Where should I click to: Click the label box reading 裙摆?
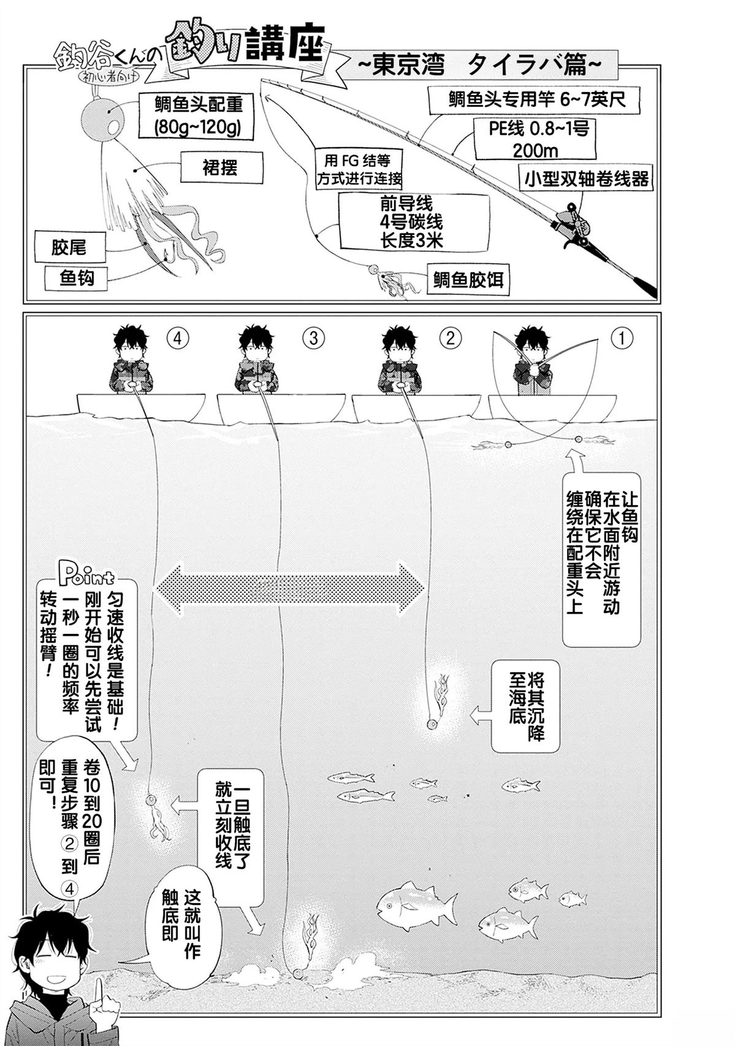(221, 167)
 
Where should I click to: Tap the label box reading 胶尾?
(69, 248)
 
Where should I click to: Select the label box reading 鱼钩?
(77, 278)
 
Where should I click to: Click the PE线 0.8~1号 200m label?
(534, 139)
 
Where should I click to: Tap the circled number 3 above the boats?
(313, 338)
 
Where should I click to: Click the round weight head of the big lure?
(104, 118)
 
